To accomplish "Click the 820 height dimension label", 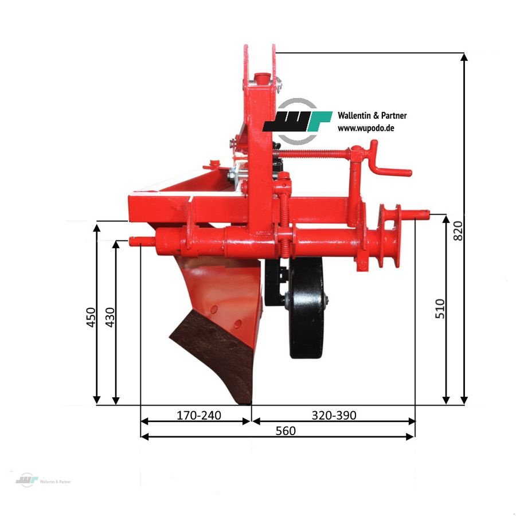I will (458, 229).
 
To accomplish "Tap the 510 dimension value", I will (440, 309).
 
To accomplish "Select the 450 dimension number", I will (91, 317).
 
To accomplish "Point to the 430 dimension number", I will (110, 317).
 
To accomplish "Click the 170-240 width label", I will (198, 415).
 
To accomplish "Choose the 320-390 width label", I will (334, 415).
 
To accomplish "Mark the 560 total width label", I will (285, 431).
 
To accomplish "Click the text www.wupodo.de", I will (365, 128).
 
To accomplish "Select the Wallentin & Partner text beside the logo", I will (372, 116).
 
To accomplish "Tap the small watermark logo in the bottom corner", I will (26, 480).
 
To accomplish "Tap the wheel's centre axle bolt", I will (325, 299).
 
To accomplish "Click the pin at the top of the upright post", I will (261, 76).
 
